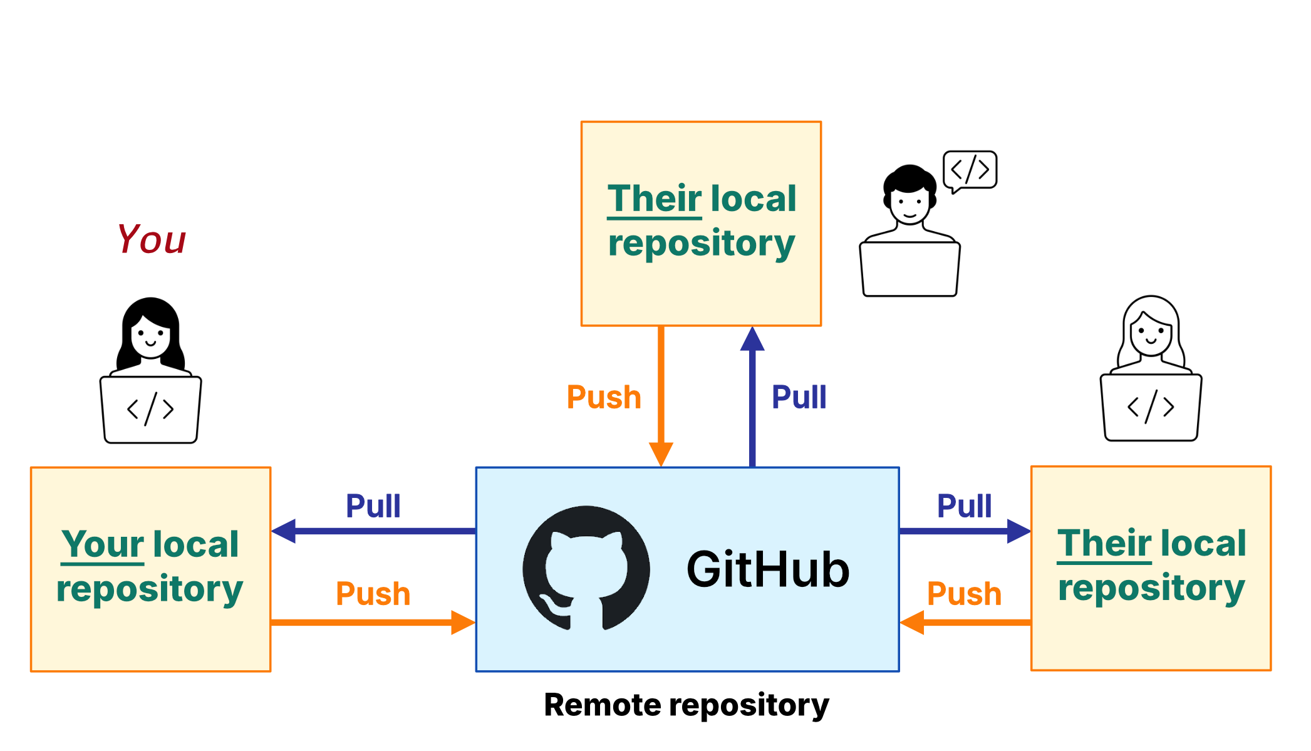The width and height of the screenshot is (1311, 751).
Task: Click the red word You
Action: click(x=152, y=239)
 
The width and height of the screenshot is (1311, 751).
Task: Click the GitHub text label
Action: click(x=768, y=569)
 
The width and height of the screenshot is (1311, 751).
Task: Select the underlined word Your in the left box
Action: click(x=103, y=544)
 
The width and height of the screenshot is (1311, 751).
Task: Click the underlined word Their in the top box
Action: click(x=655, y=199)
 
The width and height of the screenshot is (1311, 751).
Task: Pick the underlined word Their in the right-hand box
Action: click(x=1104, y=542)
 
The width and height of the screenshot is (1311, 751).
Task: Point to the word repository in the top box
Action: click(x=702, y=243)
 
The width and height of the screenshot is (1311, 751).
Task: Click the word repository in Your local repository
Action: click(x=150, y=589)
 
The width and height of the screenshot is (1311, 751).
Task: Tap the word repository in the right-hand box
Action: click(x=1151, y=588)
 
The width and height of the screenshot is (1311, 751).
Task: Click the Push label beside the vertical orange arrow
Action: click(x=604, y=397)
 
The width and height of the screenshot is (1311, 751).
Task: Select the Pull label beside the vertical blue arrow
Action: click(x=799, y=397)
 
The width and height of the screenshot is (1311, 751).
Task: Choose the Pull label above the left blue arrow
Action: click(x=373, y=505)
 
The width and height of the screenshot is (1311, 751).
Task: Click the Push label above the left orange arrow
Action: click(x=373, y=593)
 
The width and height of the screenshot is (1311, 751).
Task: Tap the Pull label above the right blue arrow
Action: click(x=964, y=505)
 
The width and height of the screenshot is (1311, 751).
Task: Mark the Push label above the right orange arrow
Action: click(x=964, y=593)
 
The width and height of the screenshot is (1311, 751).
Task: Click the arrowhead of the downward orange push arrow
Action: click(x=661, y=452)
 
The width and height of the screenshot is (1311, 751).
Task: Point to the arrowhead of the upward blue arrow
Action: click(x=752, y=340)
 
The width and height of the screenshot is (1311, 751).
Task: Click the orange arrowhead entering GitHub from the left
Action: click(x=462, y=623)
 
